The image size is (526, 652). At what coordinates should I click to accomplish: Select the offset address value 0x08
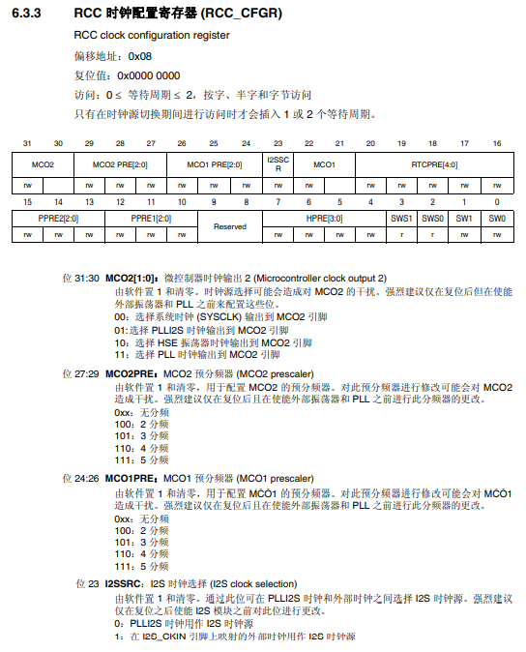(141, 56)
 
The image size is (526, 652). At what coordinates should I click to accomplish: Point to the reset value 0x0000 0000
(148, 75)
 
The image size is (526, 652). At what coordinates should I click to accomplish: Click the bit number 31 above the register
(27, 144)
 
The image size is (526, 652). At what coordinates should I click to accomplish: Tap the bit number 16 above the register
(496, 144)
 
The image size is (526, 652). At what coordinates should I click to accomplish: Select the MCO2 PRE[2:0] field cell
(120, 164)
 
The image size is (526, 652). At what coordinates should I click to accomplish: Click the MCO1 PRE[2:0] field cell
(214, 164)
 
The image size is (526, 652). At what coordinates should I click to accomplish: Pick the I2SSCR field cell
(278, 164)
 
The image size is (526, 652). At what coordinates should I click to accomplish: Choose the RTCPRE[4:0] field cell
(433, 164)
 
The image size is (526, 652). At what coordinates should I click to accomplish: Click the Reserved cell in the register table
(229, 226)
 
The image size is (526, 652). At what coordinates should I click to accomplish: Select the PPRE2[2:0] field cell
(58, 219)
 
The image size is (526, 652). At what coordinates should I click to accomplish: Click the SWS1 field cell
(402, 219)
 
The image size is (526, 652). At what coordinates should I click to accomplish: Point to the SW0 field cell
(496, 219)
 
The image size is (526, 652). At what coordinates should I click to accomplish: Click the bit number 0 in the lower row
(496, 201)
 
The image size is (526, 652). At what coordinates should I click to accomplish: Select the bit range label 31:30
(80, 279)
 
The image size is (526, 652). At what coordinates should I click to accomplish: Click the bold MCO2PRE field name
(133, 371)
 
